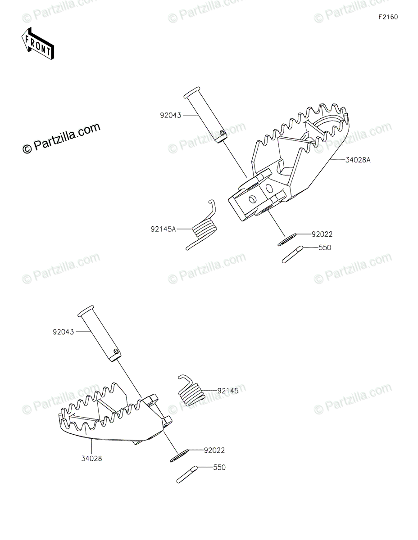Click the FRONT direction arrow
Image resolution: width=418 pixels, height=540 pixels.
[38, 44]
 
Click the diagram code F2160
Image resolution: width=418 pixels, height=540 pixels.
[388, 17]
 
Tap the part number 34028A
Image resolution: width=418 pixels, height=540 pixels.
[358, 160]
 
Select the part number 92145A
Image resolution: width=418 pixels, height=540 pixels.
[163, 229]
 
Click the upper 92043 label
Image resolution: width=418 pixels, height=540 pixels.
[170, 115]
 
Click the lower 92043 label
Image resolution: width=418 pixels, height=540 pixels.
[64, 332]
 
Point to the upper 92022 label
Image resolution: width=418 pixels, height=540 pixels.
[322, 234]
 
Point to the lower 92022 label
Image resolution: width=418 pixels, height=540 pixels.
[214, 450]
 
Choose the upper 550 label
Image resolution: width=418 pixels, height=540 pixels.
[324, 247]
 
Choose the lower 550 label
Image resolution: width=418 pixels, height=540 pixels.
[219, 468]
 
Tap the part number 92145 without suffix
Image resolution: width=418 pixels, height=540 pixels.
[228, 391]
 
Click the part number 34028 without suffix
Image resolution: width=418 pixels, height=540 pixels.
[91, 459]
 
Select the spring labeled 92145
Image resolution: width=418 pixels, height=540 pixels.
[191, 390]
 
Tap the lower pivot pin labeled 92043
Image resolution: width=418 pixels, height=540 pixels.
[100, 332]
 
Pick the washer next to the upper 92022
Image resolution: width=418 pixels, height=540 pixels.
[286, 239]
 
